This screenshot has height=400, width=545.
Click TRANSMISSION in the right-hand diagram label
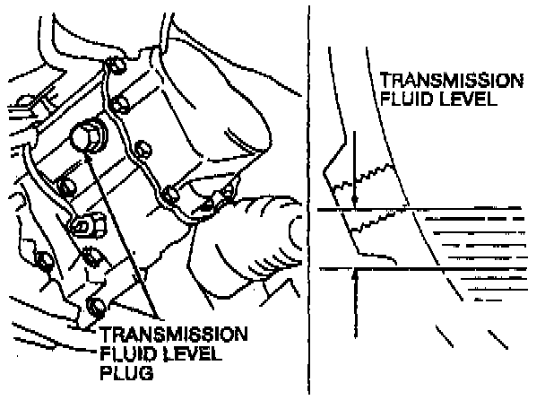tap(452, 81)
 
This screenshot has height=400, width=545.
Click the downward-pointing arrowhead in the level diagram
tap(356, 201)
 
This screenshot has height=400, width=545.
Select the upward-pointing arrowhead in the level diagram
tap(356, 272)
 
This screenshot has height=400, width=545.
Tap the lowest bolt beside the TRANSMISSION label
tap(97, 309)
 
